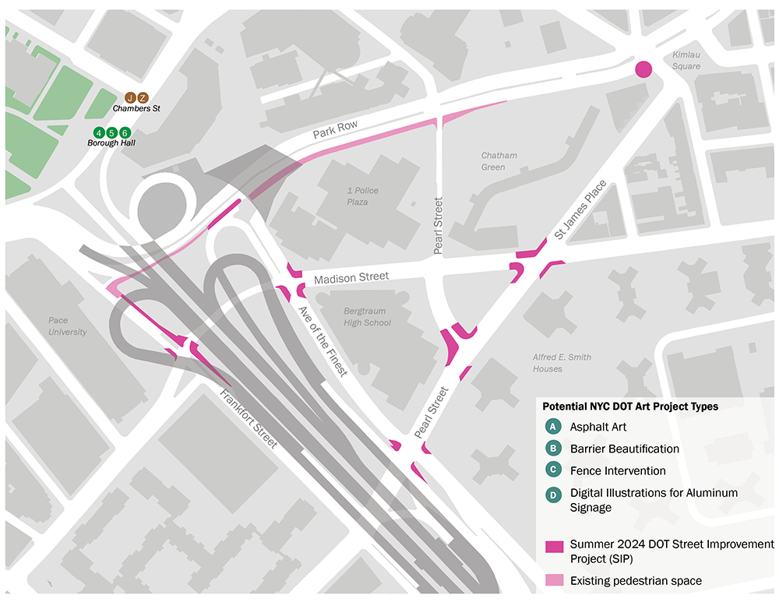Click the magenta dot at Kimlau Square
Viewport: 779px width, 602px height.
643,69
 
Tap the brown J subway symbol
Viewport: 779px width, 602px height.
131,97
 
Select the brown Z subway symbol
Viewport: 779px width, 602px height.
143,97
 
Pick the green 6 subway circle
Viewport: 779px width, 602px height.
124,132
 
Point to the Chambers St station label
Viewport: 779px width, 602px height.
136,109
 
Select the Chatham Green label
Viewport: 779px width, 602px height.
499,161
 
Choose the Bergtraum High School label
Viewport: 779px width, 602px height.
367,317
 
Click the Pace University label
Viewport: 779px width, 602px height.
68,326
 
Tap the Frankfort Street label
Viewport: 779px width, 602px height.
249,419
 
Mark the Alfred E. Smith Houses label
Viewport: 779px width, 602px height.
562,363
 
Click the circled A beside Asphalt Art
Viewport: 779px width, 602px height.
553,427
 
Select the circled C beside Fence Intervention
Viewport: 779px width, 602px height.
553,470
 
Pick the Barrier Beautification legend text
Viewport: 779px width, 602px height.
624,449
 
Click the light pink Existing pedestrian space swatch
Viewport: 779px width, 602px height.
553,580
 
